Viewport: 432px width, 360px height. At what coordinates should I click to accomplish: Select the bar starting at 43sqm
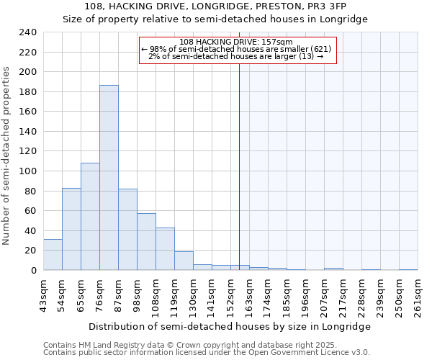point(53,255)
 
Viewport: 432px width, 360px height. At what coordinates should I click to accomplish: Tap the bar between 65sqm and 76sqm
point(90,217)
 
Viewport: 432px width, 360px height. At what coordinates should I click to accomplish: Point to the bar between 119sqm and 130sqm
point(184,261)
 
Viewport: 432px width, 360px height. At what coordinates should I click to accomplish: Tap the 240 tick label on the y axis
point(27,32)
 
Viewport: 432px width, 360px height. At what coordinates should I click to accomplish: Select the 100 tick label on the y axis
point(27,171)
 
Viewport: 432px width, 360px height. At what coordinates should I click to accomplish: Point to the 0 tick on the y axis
point(33,271)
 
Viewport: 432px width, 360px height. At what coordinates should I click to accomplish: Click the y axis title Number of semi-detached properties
point(7,156)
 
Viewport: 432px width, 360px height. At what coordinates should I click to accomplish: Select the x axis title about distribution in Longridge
point(230,326)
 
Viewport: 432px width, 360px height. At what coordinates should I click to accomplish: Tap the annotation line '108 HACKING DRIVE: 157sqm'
point(235,42)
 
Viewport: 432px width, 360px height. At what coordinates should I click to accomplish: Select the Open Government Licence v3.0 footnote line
point(207,353)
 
